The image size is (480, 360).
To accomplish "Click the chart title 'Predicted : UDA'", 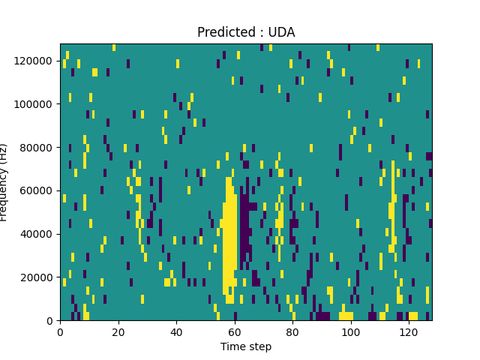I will tap(246, 32).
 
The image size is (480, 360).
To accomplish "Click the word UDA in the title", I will tap(282, 32).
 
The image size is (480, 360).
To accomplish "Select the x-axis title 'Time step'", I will tap(246, 346).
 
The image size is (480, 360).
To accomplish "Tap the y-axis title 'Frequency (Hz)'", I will tap(4, 182).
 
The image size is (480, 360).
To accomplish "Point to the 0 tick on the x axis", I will tap(60, 331).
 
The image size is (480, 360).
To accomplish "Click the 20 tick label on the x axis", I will tap(118, 331).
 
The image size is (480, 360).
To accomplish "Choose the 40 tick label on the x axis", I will tap(176, 331).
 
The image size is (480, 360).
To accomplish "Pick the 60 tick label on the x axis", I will tap(234, 331).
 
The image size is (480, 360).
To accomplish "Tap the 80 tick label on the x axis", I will tap(292, 331).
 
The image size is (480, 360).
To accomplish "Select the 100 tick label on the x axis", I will tap(350, 331).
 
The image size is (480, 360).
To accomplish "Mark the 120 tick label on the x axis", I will tap(409, 331).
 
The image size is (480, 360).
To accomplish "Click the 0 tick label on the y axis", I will tap(50, 320).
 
